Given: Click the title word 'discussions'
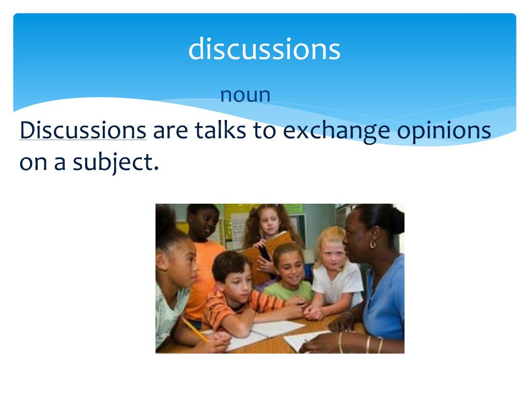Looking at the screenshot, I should click(264, 50).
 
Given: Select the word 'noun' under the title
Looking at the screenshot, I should click(245, 95).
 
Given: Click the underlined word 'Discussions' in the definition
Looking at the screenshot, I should click(83, 130).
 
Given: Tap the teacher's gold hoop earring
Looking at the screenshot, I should click(372, 243).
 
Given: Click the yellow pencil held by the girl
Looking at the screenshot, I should click(195, 330).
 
